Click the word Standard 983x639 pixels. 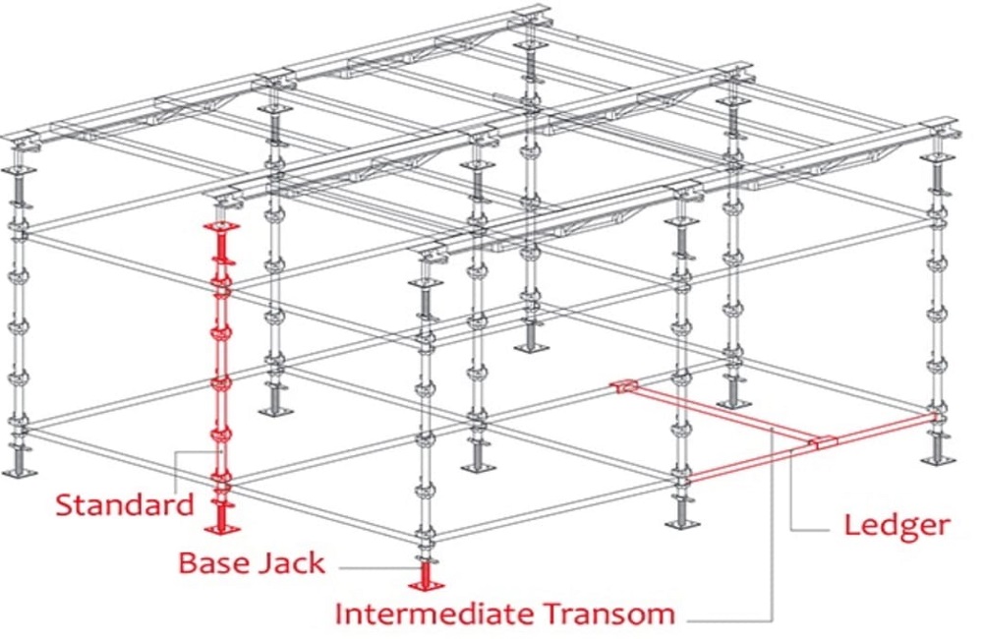click(125, 505)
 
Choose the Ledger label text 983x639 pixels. click(896, 525)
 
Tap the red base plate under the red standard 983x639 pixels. click(224, 529)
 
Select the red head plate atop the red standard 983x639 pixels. click(222, 227)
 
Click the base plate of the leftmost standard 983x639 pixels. click(19, 473)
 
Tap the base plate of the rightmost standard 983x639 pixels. click(939, 459)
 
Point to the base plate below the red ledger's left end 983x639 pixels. click(682, 522)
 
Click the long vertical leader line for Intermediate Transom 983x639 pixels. click(774, 531)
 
